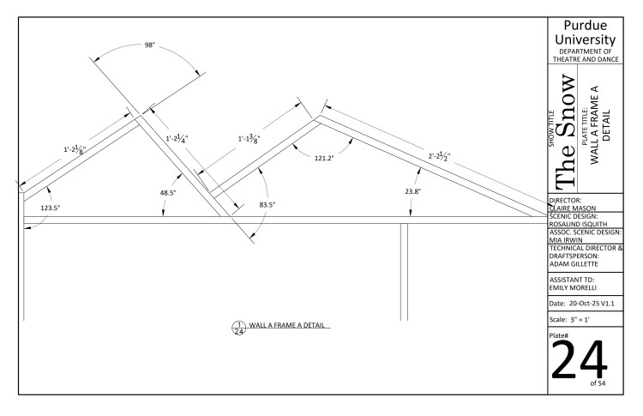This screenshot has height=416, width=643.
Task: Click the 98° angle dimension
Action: point(150,45)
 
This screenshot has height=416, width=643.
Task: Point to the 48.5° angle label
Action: point(168,193)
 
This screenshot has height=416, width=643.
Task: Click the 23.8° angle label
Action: point(412,191)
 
